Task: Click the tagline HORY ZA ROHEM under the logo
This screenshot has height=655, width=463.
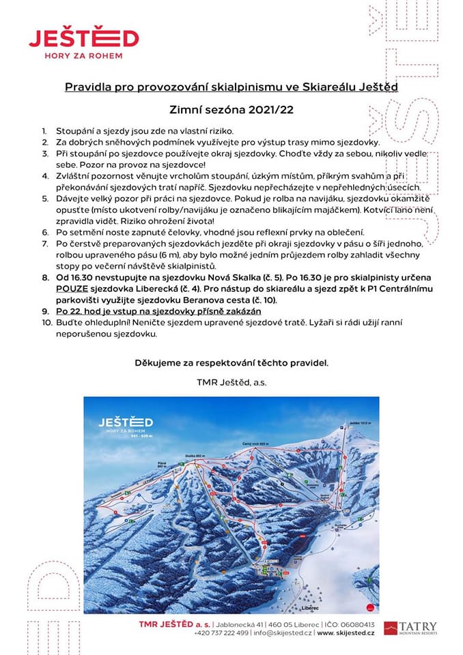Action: tap(84, 57)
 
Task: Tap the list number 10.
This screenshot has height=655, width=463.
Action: tap(46, 323)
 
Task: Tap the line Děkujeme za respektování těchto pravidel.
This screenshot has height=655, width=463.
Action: tap(231, 362)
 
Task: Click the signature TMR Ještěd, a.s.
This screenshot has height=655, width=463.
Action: tap(231, 383)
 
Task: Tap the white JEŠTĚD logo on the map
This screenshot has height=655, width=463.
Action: tap(125, 422)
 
